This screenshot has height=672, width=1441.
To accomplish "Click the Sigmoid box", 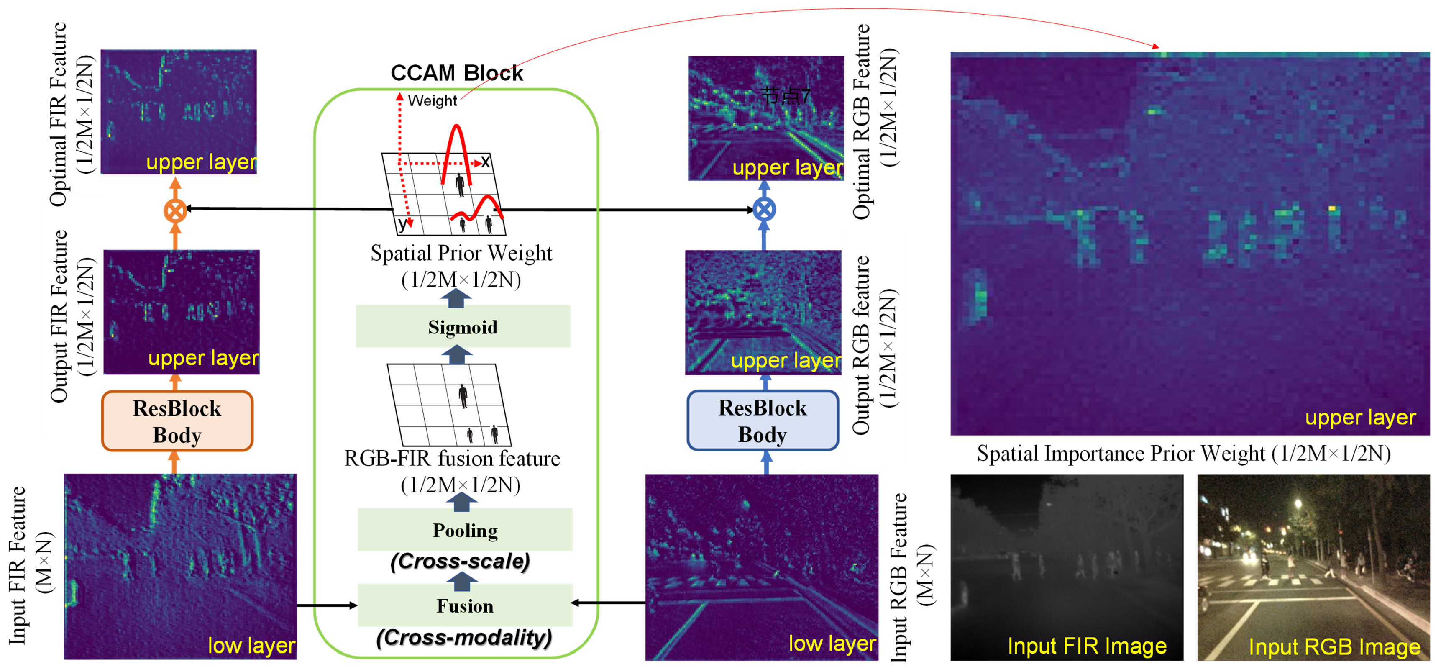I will pos(463,327).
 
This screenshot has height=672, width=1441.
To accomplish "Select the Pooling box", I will pos(465,530).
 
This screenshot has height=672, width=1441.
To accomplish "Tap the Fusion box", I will pos(465,605).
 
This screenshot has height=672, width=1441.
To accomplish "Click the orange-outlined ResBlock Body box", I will pos(177,421).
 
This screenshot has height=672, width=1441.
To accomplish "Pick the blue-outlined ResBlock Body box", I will pos(763,421).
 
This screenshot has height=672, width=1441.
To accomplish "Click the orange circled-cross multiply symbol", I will pos(175,210).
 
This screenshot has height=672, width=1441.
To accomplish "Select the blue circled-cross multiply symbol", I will pos(764,210).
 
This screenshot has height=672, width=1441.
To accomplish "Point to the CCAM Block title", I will pos(456,73).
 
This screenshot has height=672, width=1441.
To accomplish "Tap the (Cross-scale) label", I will pos(460,561).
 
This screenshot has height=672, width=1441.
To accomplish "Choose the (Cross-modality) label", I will pos(464,637).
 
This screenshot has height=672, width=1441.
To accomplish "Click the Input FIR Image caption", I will pos(1087,646).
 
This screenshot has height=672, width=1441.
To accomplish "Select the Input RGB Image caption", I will pos(1334,647).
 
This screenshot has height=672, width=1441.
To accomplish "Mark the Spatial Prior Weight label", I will pos(461,254).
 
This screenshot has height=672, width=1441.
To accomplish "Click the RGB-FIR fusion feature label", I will pos(452,458).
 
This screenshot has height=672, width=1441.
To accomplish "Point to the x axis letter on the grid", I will pos(485,162).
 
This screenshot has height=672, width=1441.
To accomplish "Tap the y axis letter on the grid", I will pos(402,224).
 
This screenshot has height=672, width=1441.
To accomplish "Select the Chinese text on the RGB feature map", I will pos(786,96).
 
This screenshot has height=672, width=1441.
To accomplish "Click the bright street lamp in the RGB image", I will pos(1298,504).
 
